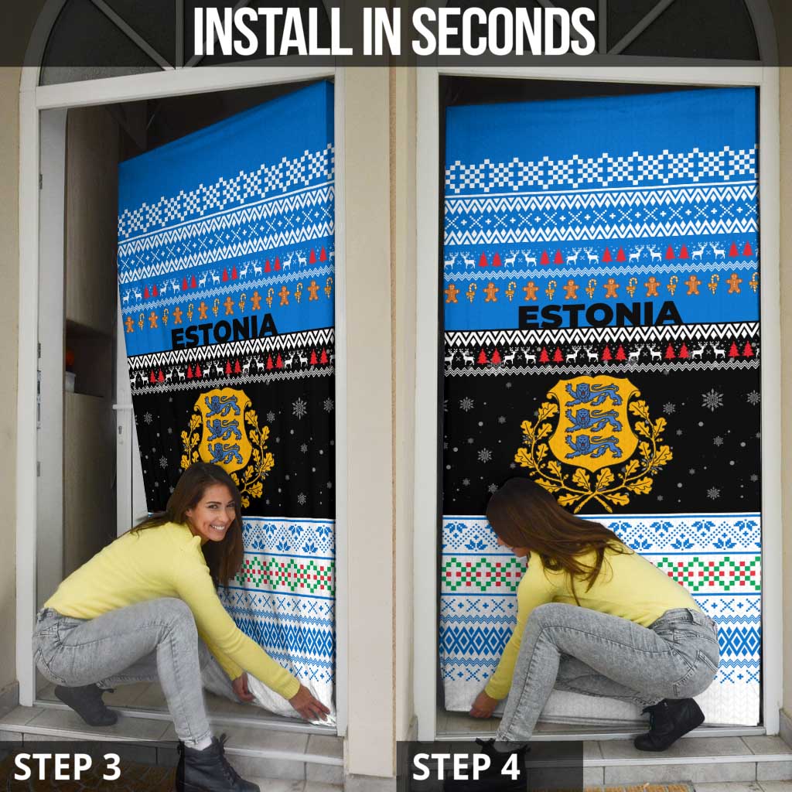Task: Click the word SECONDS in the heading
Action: [x=504, y=32]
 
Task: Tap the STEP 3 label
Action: [x=67, y=766]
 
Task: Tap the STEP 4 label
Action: [x=466, y=766]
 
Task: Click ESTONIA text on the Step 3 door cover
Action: [x=224, y=331]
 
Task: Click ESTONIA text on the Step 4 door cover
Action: [x=599, y=315]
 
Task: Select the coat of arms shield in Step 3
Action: [x=225, y=428]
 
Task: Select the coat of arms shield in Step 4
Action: [x=593, y=422]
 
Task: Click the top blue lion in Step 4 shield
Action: [x=593, y=394]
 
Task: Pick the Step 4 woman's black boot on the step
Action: [x=669, y=724]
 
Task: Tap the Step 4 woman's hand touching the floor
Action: [x=483, y=705]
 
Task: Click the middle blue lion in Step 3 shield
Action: [x=225, y=429]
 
